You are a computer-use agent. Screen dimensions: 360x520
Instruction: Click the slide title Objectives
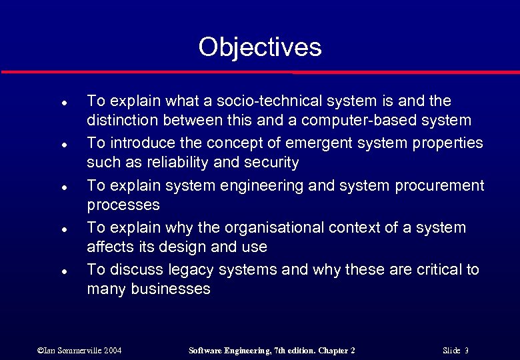(259, 47)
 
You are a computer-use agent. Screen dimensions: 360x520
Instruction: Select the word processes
(123, 205)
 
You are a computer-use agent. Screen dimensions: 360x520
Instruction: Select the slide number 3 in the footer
(467, 350)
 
